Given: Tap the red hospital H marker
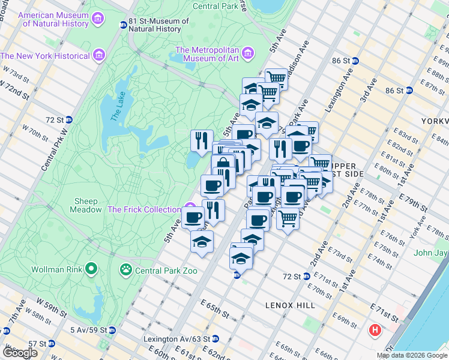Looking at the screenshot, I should [375, 329].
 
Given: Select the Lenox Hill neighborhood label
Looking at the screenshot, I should [290, 305].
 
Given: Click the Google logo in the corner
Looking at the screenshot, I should [20, 353].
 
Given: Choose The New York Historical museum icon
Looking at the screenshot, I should [99, 56].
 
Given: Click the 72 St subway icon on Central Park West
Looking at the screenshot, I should [69, 119].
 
